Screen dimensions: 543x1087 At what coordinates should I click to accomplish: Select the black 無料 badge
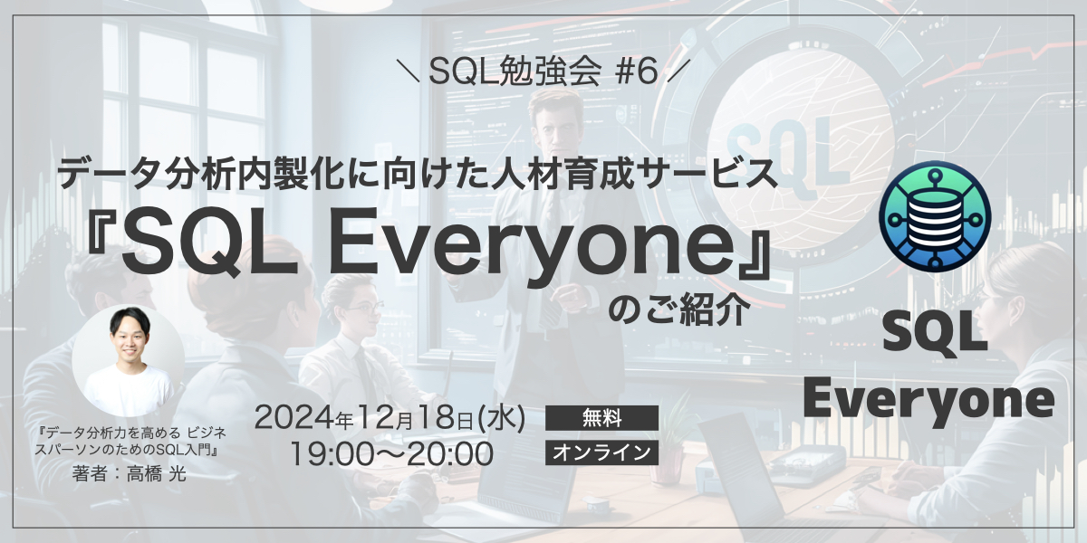(601, 418)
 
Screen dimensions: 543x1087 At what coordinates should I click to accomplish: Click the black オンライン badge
(601, 452)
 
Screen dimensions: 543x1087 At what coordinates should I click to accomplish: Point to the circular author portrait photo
(128, 360)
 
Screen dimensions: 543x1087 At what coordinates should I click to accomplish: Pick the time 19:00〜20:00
(391, 453)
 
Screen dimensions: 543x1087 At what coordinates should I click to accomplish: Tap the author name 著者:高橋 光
(129, 474)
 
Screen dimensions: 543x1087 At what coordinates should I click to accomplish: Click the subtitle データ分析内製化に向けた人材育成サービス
(418, 173)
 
